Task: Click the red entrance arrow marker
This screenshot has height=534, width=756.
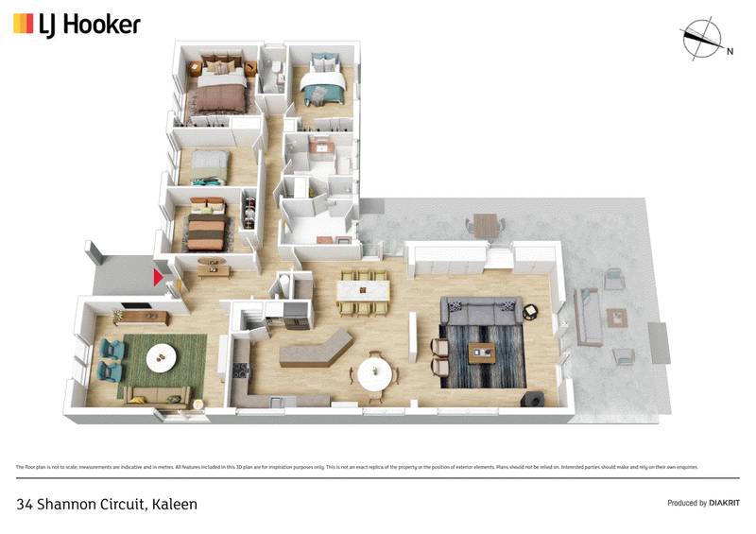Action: [159, 277]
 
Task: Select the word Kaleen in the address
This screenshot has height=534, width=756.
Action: [174, 504]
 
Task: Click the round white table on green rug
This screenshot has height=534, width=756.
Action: [162, 355]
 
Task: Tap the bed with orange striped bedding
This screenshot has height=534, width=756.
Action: [205, 228]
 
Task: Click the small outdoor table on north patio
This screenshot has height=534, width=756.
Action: [485, 226]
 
